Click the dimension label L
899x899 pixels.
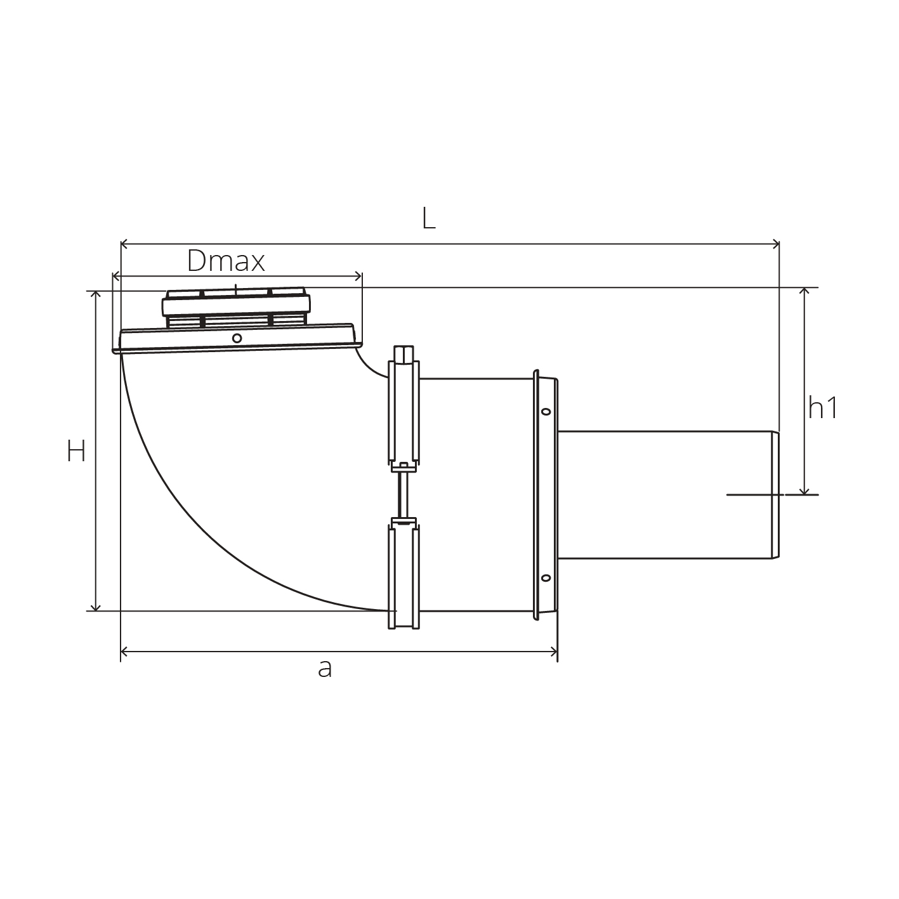click(429, 218)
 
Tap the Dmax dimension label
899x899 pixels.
click(226, 261)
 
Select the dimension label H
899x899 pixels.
click(77, 452)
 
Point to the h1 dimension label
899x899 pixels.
click(823, 407)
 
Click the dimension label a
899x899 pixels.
click(325, 669)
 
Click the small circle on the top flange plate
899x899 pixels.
click(237, 338)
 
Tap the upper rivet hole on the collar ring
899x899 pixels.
click(546, 412)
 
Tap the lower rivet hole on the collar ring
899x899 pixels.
click(546, 579)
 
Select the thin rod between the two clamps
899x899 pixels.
click(404, 494)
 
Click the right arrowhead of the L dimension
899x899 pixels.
click(777, 244)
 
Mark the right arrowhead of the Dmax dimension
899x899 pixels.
click(358, 277)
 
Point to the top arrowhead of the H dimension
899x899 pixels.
click(95, 294)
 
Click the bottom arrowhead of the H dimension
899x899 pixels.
click(95, 607)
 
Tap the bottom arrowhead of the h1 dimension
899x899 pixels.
click(804, 491)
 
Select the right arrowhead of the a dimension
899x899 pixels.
click(554, 652)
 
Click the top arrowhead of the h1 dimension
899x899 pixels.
click(804, 292)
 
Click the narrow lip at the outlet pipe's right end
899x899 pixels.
click(775, 495)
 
